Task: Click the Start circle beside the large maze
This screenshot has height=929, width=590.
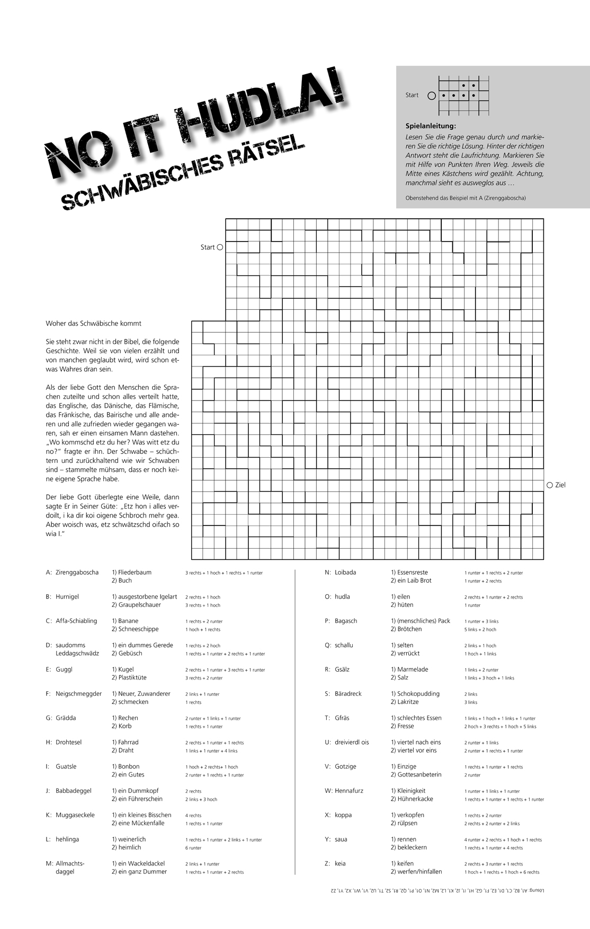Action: [220, 247]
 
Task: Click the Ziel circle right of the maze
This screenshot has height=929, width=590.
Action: [550, 485]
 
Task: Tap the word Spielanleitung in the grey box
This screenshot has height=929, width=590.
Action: [430, 126]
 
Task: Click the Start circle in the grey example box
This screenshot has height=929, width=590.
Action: [431, 96]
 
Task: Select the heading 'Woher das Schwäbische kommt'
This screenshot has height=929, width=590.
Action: [94, 323]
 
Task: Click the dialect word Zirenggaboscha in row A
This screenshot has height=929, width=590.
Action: [77, 572]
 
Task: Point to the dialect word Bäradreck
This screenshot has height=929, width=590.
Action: [348, 693]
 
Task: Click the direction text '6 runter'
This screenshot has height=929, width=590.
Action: [193, 847]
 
